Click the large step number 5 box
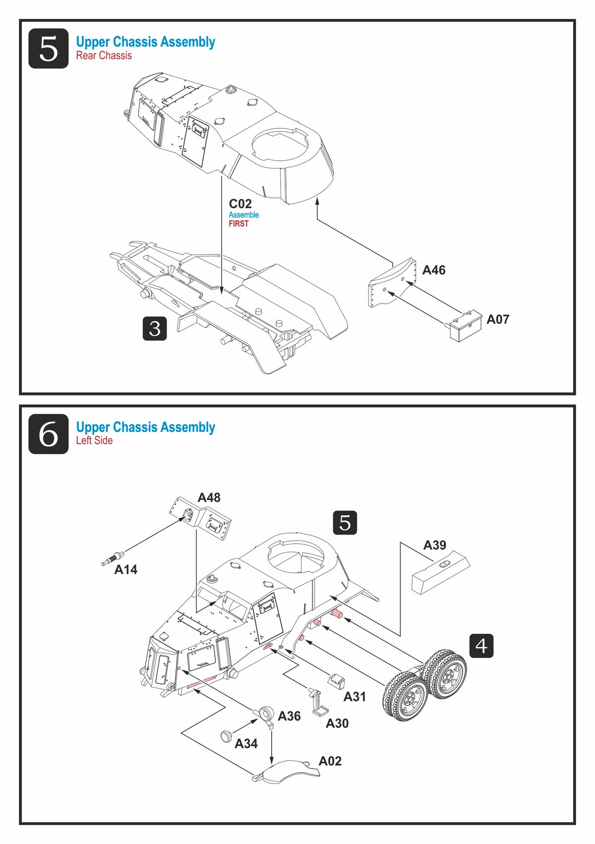tap(48, 49)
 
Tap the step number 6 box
tap(48, 434)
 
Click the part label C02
tap(240, 204)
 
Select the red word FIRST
tap(238, 224)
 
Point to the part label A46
tap(434, 270)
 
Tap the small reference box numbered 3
tap(155, 328)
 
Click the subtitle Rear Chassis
tap(104, 56)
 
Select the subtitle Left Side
tap(94, 440)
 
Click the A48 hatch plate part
tap(200, 518)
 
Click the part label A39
tap(434, 545)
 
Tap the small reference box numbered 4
tap(481, 646)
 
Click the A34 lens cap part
tap(227, 735)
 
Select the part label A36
tap(290, 716)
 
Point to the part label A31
tap(355, 697)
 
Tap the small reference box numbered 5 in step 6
tap(345, 523)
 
